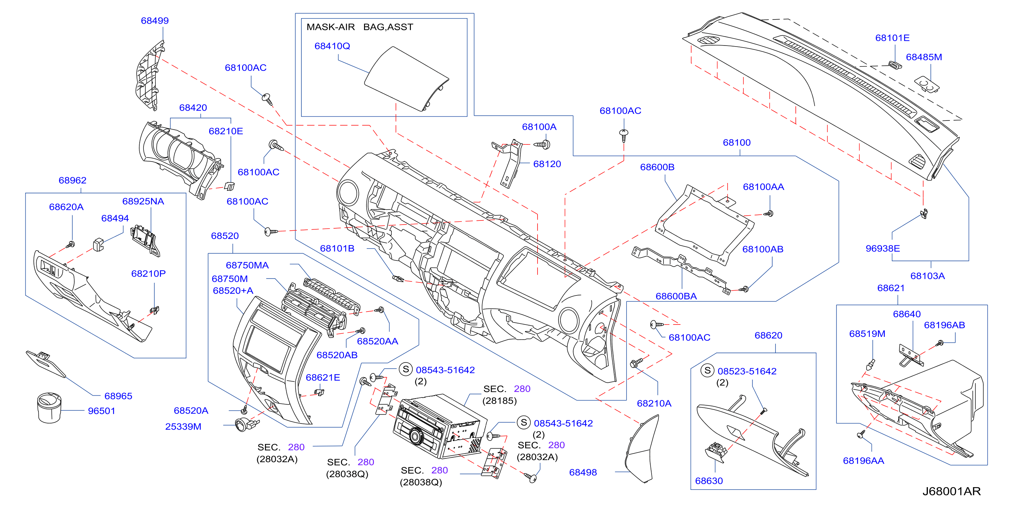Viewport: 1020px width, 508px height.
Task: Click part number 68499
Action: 155,21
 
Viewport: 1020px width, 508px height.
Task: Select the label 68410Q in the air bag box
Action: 332,46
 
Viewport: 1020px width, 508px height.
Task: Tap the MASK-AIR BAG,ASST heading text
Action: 360,27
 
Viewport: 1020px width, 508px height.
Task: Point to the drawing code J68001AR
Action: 952,491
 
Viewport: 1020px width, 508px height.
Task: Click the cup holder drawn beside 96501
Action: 49,407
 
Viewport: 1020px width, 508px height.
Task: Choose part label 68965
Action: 118,396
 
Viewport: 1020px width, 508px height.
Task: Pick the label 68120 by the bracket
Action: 547,164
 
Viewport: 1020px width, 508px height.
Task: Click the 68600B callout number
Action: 657,167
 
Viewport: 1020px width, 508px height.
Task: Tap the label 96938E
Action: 883,248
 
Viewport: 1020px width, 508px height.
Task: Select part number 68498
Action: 583,472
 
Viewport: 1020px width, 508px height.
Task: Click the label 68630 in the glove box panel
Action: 709,481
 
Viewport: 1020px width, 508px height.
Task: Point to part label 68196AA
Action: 863,460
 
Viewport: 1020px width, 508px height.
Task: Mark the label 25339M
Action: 183,427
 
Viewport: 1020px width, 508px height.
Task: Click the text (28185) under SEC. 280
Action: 499,401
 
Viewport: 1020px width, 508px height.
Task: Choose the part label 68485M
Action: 924,57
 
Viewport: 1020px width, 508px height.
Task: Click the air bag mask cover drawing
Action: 407,78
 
